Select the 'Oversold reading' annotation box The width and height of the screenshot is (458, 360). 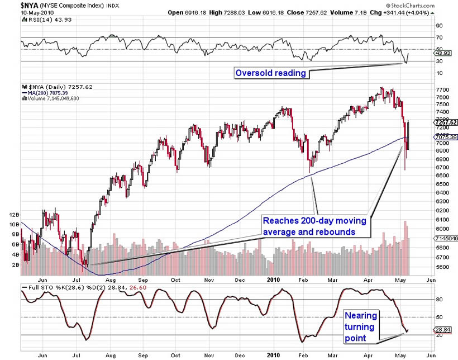pyautogui.click(x=270, y=73)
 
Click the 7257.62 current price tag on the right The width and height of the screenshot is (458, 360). pyautogui.click(x=445, y=122)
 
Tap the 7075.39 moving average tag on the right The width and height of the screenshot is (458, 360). pyautogui.click(x=445, y=137)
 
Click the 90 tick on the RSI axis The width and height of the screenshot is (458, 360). pyautogui.click(x=440, y=26)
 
